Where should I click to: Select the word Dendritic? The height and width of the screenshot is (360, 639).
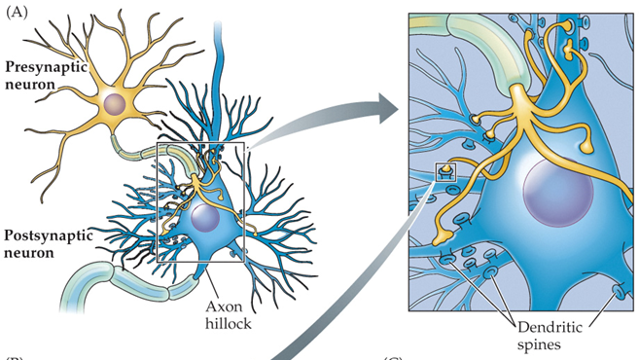524,328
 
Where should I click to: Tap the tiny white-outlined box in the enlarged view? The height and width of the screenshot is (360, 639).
446,172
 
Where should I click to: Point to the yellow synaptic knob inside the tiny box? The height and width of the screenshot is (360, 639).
446,170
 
